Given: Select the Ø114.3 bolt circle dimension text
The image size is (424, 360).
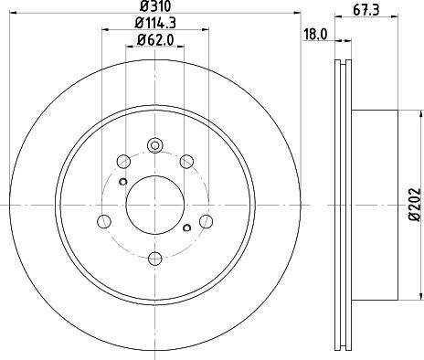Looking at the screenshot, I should click(x=154, y=22).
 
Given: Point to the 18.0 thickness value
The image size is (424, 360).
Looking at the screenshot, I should click(x=314, y=34).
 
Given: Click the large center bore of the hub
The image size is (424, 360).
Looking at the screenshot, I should click(x=154, y=202).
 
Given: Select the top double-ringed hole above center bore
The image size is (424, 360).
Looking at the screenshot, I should click(x=154, y=144).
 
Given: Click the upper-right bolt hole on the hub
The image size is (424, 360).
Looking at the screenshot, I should click(x=188, y=162).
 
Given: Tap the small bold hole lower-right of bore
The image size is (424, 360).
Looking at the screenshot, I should click(x=187, y=228).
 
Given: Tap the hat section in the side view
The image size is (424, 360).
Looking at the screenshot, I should click(x=375, y=202).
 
